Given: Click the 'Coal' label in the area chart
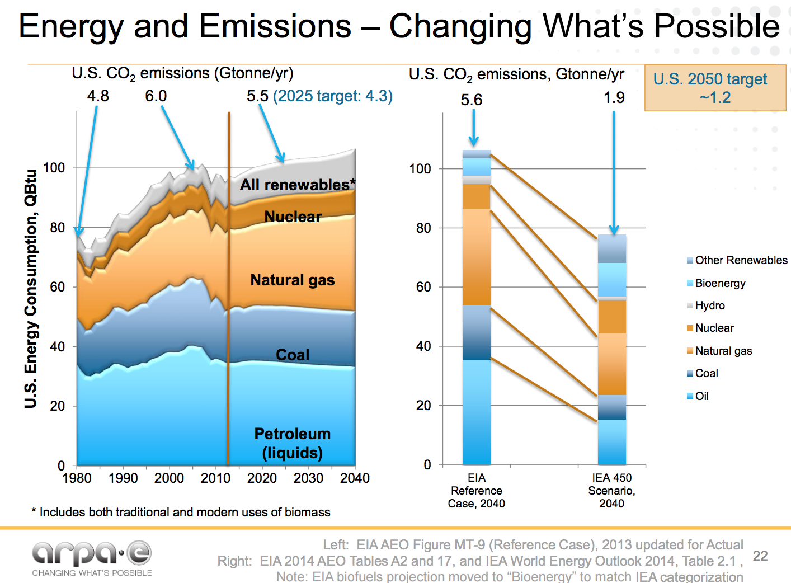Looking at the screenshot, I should [293, 355].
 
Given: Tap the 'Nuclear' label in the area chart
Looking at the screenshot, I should [293, 217].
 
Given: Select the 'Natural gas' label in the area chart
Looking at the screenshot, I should [292, 280].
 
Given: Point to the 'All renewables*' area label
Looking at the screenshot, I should [297, 185].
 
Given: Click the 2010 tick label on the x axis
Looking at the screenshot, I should [215, 478].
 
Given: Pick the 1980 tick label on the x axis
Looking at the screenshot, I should [77, 478].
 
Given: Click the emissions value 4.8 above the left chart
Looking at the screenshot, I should [98, 96].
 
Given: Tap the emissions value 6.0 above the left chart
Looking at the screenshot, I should [156, 96].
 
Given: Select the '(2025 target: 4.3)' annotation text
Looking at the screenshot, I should [333, 96].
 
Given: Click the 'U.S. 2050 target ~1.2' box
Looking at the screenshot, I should [715, 88].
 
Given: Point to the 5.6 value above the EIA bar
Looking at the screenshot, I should [471, 100].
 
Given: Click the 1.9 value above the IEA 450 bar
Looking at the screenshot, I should [614, 98].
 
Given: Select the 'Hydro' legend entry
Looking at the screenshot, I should [709, 305].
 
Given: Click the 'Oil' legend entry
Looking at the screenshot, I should [701, 396].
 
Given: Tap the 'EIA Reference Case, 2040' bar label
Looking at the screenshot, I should [476, 491].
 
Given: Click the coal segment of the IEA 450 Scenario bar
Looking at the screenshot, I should [612, 407].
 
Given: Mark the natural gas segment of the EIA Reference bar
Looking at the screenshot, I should [477, 257].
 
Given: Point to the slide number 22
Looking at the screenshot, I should [760, 556].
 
